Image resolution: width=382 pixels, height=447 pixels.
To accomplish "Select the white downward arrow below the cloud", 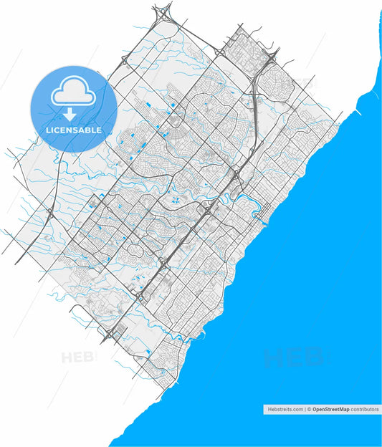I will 70,115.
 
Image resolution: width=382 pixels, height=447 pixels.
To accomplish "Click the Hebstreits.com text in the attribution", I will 285,409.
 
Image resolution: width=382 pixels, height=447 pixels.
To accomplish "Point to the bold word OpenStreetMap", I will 330,409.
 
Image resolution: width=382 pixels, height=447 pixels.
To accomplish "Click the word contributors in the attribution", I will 364,409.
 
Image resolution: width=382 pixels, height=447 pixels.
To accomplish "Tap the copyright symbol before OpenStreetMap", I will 309,409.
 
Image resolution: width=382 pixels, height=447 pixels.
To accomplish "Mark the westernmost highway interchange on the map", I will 51,213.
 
